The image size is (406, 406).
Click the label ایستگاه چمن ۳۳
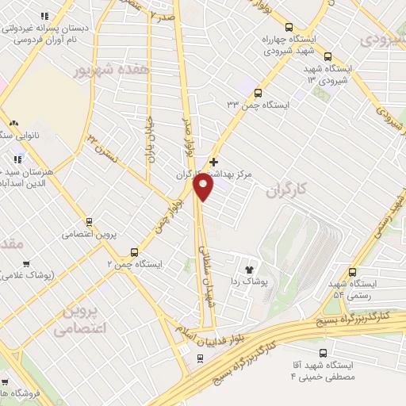[259, 104]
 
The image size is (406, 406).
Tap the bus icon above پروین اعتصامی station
[89, 221]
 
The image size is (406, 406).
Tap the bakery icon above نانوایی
[14, 123]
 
